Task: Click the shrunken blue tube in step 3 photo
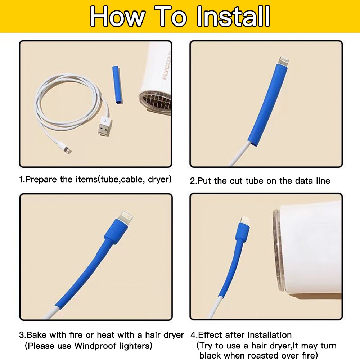coord(86,274)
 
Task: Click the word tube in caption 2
coord(255,180)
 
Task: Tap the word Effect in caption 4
coord(210,335)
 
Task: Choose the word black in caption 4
coord(211,355)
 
